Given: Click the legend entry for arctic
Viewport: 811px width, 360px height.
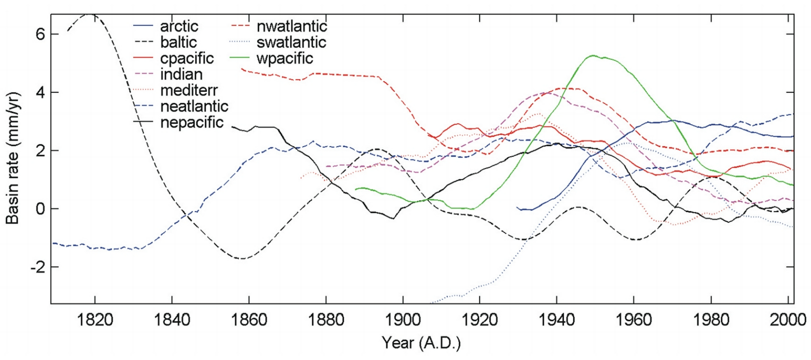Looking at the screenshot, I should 179,26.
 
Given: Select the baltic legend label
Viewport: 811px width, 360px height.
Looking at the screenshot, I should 178,42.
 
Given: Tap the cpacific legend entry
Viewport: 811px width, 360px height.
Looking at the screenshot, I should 187,58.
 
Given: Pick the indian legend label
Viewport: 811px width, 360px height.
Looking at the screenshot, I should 181,75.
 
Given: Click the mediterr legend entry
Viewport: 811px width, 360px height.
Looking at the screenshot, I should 189,90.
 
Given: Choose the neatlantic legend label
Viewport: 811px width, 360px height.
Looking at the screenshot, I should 194,106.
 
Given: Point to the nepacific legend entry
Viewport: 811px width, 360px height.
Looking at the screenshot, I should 192,122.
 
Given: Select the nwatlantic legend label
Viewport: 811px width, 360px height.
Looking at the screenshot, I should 291,26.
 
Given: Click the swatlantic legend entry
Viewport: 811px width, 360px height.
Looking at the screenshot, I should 291,42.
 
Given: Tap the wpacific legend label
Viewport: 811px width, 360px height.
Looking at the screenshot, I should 284,58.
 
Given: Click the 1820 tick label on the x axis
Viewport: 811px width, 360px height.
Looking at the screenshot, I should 95,320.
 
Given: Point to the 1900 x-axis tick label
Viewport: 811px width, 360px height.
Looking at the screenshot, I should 403,320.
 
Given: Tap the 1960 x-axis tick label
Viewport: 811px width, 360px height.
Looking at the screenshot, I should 634,320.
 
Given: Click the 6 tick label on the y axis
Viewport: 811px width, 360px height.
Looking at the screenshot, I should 40,34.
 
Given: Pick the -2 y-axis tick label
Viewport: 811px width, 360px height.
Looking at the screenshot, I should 36,267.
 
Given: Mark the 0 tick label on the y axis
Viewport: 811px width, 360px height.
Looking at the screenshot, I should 40,209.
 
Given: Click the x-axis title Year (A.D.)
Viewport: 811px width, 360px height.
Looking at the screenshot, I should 421,343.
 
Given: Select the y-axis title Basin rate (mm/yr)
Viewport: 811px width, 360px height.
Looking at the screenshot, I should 12,158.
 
